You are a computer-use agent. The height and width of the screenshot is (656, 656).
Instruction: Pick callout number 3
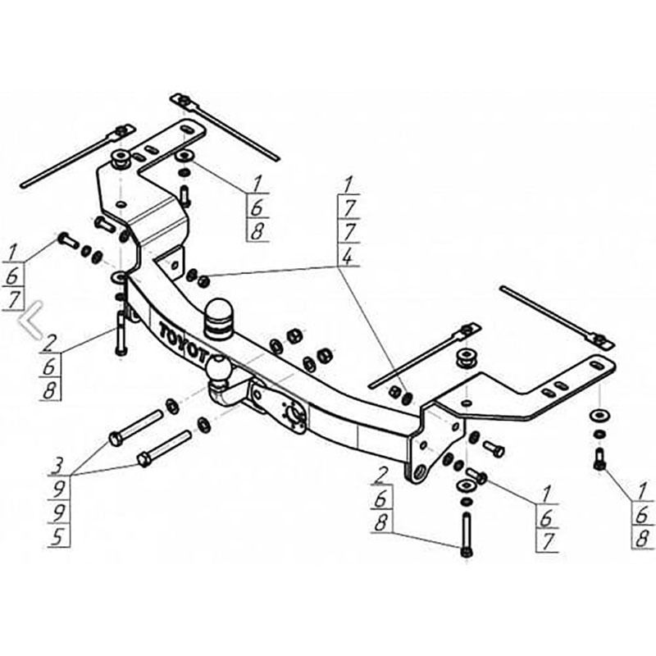[x=57, y=466]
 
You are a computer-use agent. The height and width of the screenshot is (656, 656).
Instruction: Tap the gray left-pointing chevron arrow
[x=30, y=319]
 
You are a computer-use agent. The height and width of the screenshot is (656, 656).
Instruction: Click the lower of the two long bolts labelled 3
[x=164, y=449]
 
